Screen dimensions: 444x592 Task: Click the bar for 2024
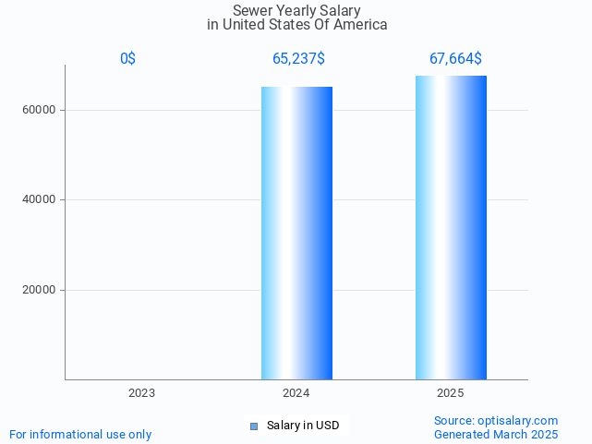point(296,233)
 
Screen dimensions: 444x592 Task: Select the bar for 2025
point(451,227)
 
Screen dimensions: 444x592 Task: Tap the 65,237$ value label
point(298,59)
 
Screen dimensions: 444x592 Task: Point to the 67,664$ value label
point(455,59)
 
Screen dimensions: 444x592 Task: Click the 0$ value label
point(127,59)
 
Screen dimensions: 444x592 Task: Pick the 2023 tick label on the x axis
point(141,393)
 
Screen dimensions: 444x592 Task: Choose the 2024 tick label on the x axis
point(296,393)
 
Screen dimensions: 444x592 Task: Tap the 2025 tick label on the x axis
point(450,393)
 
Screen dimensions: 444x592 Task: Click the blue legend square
point(254,426)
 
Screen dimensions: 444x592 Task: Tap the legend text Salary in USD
point(303,426)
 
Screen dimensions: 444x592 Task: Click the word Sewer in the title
point(252,10)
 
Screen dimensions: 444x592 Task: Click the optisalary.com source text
point(496,420)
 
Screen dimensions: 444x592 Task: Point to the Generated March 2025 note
point(496,434)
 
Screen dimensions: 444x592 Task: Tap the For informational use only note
point(80,434)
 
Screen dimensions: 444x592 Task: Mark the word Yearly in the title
point(296,10)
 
